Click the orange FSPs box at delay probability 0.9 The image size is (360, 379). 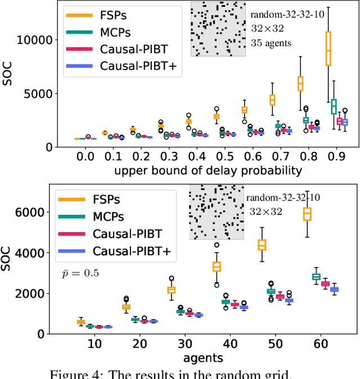click(328, 49)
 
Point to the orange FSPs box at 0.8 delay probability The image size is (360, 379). click(300, 83)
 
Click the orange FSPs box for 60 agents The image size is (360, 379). click(307, 214)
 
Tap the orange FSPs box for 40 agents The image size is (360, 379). click(217, 267)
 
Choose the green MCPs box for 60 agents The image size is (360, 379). click(316, 276)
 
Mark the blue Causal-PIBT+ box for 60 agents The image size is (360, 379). click(334, 289)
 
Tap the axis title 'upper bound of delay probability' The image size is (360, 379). click(208, 170)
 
